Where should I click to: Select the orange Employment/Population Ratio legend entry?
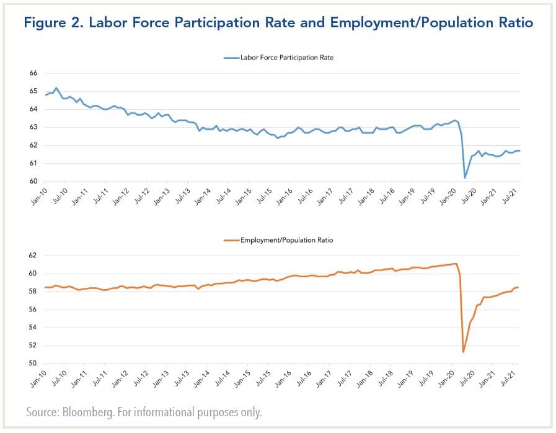click(x=286, y=239)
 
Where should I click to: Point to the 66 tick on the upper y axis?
click(x=33, y=73)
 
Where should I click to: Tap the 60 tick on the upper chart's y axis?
click(x=33, y=181)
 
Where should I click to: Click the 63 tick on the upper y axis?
click(x=33, y=127)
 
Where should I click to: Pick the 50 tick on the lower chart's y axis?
click(x=33, y=364)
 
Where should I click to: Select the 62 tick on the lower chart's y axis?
click(x=33, y=256)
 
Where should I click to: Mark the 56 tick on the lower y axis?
click(x=33, y=310)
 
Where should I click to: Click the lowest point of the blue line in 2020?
click(x=465, y=178)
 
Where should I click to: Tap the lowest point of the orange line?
click(x=464, y=352)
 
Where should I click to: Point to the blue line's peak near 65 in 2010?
click(x=56, y=88)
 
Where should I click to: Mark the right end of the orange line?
click(x=519, y=287)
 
